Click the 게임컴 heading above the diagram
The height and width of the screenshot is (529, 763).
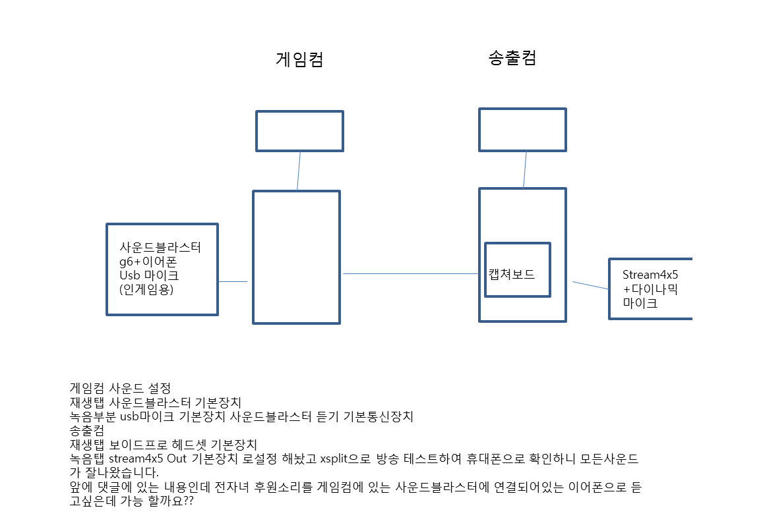[300, 59]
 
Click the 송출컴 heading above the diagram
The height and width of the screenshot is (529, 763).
[512, 57]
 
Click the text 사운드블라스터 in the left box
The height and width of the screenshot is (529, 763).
[160, 247]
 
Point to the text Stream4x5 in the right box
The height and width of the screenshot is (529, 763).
[650, 275]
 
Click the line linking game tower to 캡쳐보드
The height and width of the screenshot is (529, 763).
[412, 274]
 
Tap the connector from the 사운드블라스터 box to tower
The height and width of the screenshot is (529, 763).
[233, 281]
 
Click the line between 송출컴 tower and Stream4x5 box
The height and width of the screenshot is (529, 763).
[590, 285]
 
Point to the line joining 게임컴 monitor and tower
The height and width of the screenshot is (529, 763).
[299, 171]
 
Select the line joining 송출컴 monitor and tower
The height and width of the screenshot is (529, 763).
[525, 170]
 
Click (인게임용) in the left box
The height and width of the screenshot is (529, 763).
[146, 289]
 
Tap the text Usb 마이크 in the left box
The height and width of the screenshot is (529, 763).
[150, 275]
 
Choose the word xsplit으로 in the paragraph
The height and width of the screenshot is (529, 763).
[345, 459]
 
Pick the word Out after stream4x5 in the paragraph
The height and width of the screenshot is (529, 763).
[177, 459]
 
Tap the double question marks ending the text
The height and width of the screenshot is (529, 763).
[189, 501]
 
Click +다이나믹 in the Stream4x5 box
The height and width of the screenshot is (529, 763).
[650, 289]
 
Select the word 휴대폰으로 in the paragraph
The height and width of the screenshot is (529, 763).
[495, 459]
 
